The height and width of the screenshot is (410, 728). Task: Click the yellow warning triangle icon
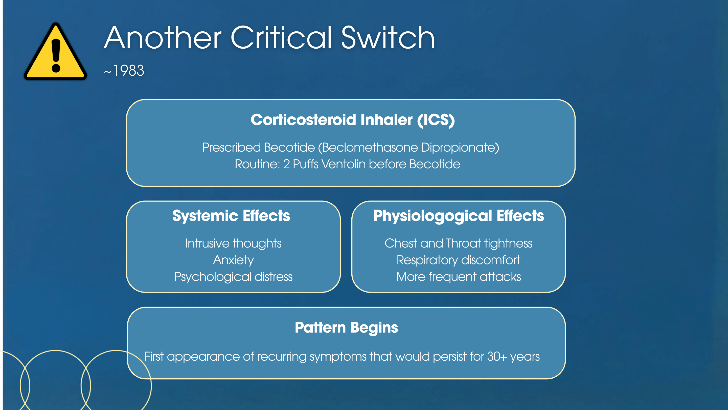pyautogui.click(x=55, y=51)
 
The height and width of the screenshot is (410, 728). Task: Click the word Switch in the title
pyautogui.click(x=388, y=38)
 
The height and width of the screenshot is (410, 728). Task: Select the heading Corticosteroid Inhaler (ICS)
pyautogui.click(x=353, y=120)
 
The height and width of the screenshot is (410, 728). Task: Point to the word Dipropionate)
pyautogui.click(x=460, y=147)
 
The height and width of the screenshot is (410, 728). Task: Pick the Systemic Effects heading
pyautogui.click(x=231, y=216)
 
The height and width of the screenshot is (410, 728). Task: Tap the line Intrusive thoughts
pyautogui.click(x=233, y=243)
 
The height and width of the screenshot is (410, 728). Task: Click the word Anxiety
pyautogui.click(x=233, y=260)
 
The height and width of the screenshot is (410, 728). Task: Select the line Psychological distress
pyautogui.click(x=233, y=277)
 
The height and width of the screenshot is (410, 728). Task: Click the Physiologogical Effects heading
pyautogui.click(x=458, y=216)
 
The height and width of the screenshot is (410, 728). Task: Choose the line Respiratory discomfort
pyautogui.click(x=458, y=260)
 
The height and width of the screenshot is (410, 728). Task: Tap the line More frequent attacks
pyautogui.click(x=458, y=277)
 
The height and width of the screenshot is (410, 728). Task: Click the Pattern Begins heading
pyautogui.click(x=347, y=328)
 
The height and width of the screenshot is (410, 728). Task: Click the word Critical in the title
pyautogui.click(x=281, y=38)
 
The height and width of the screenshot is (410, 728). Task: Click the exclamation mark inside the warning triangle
pyautogui.click(x=56, y=55)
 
